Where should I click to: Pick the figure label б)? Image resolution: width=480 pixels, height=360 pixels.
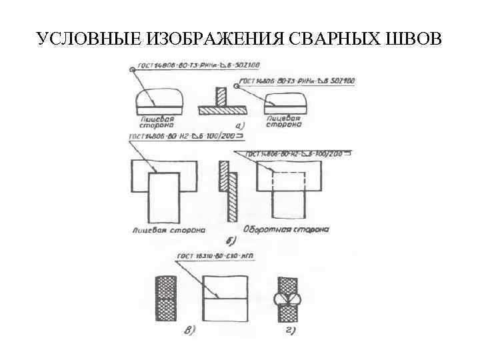(231, 241)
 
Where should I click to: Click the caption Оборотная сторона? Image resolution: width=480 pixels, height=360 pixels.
(288, 230)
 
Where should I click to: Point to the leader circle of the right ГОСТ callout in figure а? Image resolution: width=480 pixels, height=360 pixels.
(235, 85)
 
